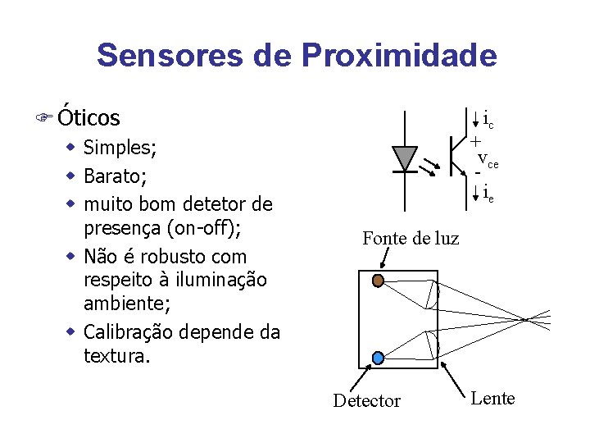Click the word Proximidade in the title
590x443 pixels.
(x=399, y=56)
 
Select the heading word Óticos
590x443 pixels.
(x=88, y=118)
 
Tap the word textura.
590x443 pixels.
(x=116, y=357)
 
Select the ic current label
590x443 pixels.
(x=488, y=121)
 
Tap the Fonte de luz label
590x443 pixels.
(x=411, y=239)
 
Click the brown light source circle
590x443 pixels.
(x=378, y=281)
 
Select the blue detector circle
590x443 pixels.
(x=378, y=358)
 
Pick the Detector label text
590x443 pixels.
(x=366, y=401)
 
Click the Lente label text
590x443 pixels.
(x=492, y=399)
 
